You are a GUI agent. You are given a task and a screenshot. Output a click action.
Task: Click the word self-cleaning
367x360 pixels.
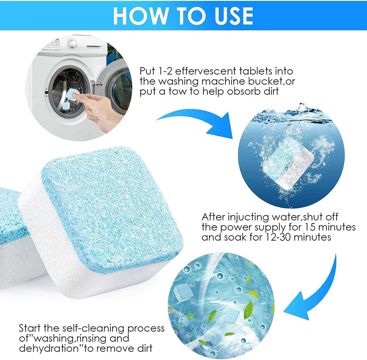(94, 328)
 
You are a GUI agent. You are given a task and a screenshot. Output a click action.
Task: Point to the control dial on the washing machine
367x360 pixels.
(72, 43)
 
